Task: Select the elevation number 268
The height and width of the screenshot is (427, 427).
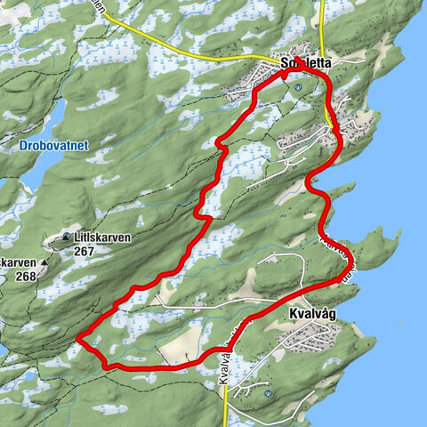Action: click(x=27, y=276)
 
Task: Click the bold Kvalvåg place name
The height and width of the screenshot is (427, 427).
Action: click(x=314, y=315)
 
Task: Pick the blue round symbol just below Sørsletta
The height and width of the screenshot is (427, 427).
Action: click(x=298, y=87)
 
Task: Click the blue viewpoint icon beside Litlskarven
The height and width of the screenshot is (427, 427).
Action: click(x=68, y=237)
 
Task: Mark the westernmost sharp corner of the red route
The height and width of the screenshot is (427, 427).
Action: click(x=79, y=338)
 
